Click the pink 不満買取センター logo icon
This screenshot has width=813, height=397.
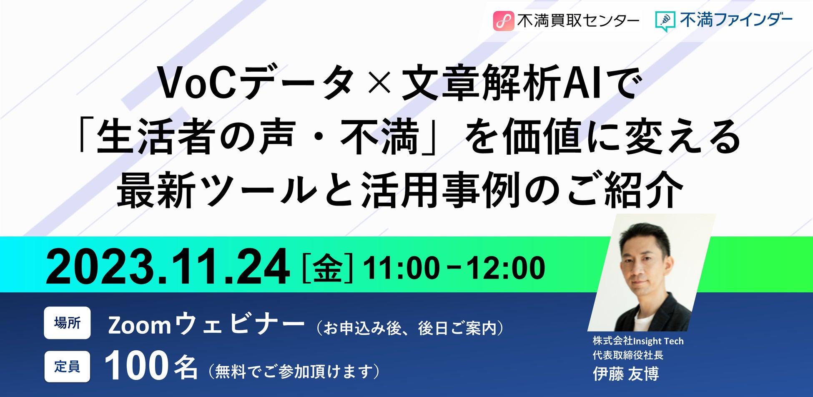click(x=503, y=21)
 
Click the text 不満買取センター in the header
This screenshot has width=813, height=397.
click(x=578, y=21)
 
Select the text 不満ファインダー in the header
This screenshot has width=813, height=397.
click(x=736, y=20)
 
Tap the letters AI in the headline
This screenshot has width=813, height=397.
click(x=581, y=83)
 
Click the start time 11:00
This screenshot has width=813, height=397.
click(x=401, y=268)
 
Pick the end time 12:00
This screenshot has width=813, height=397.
click(x=505, y=268)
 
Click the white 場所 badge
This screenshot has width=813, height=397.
click(x=67, y=323)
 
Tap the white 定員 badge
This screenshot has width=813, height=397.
click(x=67, y=367)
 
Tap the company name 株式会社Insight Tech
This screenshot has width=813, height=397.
click(x=638, y=341)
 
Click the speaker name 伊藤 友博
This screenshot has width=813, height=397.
click(x=626, y=374)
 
